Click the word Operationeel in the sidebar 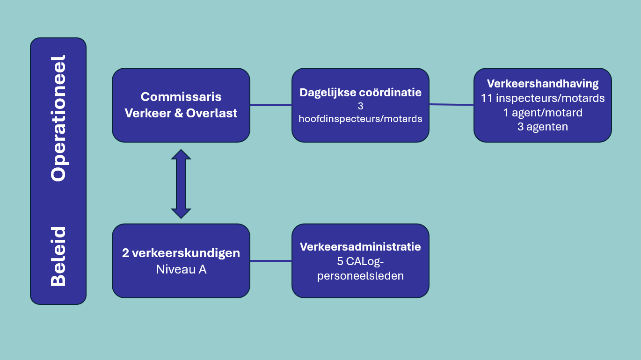coord(58,118)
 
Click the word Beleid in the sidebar coord(58,257)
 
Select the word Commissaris coord(181,97)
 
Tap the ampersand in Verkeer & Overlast coord(179,113)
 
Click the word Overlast coord(212,113)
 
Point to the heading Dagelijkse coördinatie coord(360,93)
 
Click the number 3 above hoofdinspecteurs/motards coord(360,106)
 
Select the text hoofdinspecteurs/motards coord(360,119)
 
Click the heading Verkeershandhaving coord(543,84)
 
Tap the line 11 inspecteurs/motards coord(543,98)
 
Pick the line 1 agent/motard coord(543,112)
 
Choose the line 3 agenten coord(543,127)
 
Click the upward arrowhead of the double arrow coord(181,154)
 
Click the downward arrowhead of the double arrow coord(181,214)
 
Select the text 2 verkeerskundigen coord(181,253)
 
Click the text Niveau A coord(181,269)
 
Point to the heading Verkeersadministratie coord(360,247)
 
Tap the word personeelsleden coord(360,276)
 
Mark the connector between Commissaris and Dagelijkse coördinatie coord(271,105)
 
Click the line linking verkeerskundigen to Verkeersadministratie coord(271,261)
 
